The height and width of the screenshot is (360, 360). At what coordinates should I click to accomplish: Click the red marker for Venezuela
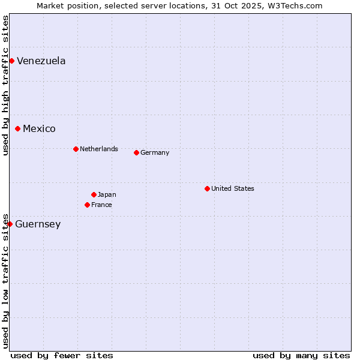11,61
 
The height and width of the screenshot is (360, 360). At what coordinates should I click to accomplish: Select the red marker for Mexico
17,128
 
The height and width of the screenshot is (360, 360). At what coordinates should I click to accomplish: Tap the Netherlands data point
76,149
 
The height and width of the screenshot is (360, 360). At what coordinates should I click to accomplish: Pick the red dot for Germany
136,152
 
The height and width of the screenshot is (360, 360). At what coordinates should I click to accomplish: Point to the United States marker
207,188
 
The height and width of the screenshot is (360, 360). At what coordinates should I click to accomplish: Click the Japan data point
94,194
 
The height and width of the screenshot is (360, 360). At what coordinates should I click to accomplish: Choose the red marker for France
87,205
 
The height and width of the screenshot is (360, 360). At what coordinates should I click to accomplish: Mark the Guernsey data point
10,224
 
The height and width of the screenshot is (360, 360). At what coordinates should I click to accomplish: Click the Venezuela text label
41,61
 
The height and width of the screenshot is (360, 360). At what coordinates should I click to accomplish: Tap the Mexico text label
39,128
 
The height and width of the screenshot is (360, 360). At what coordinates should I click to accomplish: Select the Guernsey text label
38,224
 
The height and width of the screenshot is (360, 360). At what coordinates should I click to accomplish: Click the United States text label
233,188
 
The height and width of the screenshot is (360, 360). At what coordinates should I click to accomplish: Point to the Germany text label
155,152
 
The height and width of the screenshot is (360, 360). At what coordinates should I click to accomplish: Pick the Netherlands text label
99,149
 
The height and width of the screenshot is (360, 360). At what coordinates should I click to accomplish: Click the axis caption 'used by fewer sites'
62,355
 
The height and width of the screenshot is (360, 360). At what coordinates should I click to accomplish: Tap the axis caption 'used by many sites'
301,355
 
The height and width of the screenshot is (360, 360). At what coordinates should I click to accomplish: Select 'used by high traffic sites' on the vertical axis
5,85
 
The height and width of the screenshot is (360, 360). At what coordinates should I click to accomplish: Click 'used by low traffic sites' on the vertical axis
5,281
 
